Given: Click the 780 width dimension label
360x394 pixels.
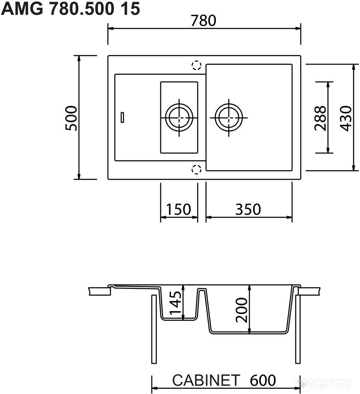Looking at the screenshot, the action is pyautogui.click(x=203, y=20).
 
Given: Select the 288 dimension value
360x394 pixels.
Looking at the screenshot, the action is pyautogui.click(x=320, y=118).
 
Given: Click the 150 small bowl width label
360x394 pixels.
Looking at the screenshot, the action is pyautogui.click(x=178, y=209).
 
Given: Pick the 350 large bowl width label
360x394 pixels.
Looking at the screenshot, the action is pyautogui.click(x=248, y=209).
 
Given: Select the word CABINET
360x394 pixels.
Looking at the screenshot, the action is pyautogui.click(x=206, y=380).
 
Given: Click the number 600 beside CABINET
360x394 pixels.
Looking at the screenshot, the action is pyautogui.click(x=263, y=380).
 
